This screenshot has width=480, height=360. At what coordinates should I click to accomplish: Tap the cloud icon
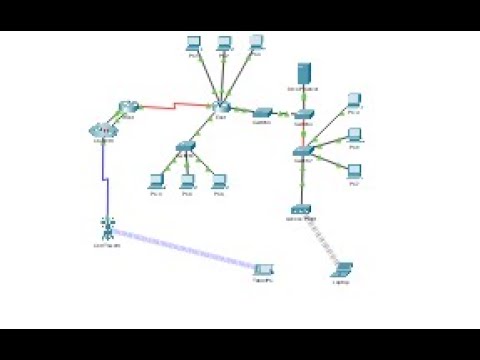pos(103,130)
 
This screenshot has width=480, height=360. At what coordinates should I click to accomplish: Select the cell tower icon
pos(105,226)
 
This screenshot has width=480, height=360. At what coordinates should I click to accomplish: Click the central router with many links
pos(221,106)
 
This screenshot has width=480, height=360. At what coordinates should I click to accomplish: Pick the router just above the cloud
pos(128,107)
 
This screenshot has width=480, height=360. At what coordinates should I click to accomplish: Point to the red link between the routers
pos(175,102)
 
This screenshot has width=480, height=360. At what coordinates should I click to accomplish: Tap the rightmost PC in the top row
pos(256,43)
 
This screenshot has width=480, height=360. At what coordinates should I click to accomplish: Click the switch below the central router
pos(186,146)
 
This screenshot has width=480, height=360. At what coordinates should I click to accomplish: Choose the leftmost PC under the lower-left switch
pos(155,180)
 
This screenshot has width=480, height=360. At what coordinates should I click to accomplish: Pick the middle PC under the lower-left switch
pos(186,180)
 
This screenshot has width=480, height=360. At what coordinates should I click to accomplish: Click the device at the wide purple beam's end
pos(263,270)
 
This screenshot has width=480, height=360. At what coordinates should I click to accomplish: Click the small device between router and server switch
pos(262,111)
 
